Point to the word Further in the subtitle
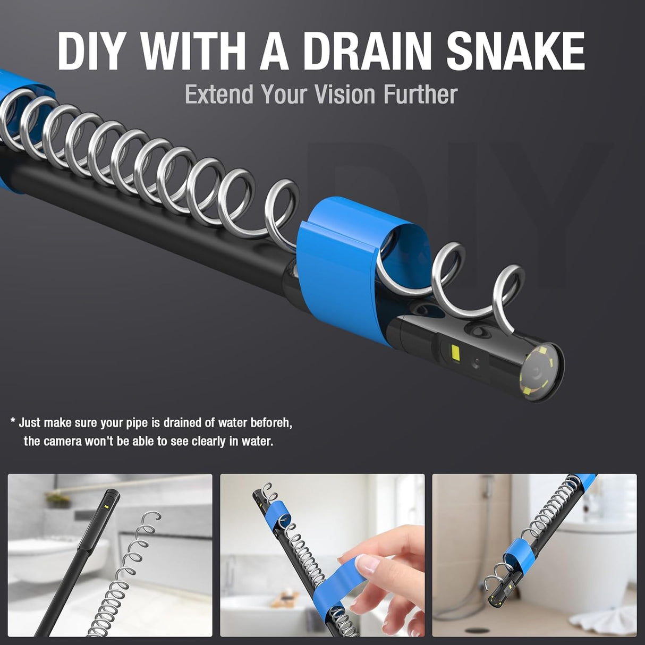tap(421, 94)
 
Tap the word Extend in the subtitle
tap(219, 94)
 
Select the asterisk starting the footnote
tap(13, 420)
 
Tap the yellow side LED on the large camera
tap(455, 352)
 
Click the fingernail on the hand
tap(366, 564)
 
